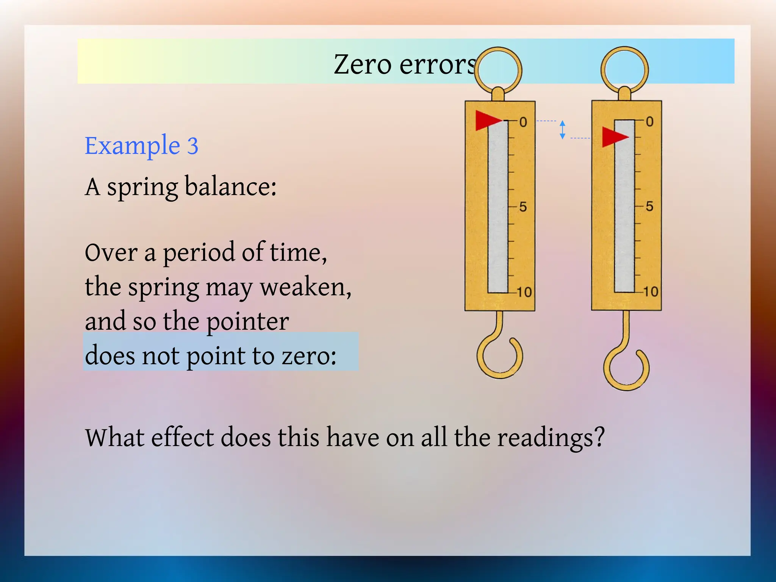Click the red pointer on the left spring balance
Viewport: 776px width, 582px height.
(487, 120)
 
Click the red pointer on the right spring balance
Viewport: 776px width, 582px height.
(613, 137)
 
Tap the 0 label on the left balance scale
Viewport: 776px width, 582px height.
(523, 122)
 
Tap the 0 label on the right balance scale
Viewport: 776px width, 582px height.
(649, 122)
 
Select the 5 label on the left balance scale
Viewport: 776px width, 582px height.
(523, 207)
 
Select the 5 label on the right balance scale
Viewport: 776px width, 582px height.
(649, 207)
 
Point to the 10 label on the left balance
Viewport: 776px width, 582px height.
(524, 292)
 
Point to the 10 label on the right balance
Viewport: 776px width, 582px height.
(651, 291)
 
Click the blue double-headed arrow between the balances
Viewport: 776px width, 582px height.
(562, 130)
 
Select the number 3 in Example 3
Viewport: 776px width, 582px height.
(192, 146)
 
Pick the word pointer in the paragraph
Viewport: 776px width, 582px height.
(247, 321)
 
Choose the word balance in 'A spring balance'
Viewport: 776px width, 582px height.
(231, 187)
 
